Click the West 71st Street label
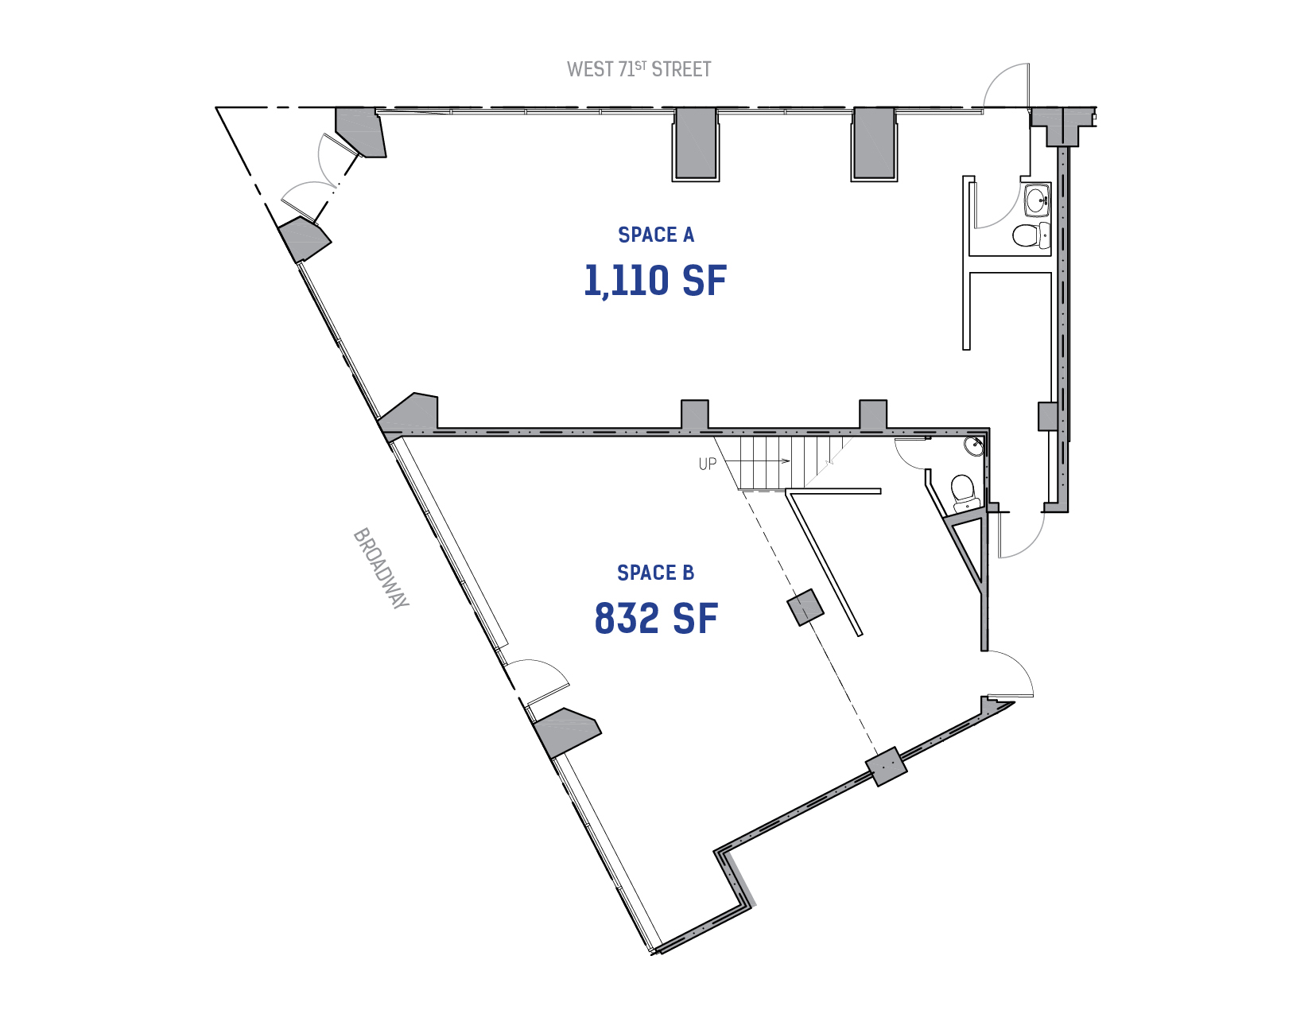point(639,69)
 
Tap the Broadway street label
point(381,569)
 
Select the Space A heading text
point(656,235)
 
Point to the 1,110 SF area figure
point(655,281)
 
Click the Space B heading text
point(656,573)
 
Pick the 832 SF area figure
point(656,619)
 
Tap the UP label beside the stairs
point(707,464)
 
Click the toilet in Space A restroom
point(1031,235)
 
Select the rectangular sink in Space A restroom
point(1038,199)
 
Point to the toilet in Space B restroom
point(965,492)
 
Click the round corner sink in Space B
point(974,446)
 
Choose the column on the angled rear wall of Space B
point(887,767)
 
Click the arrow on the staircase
point(757,461)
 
